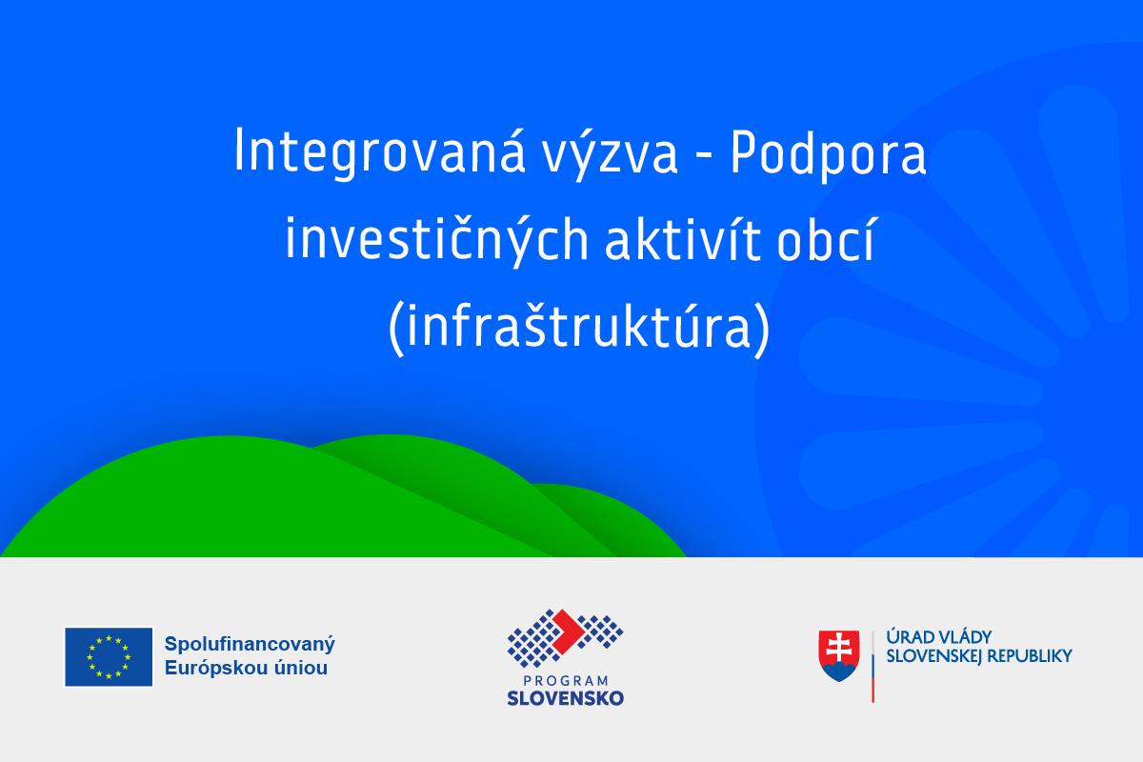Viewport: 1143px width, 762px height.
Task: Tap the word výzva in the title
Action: click(610, 153)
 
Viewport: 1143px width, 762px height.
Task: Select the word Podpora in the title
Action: click(828, 154)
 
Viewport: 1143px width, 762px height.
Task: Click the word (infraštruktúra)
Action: click(579, 327)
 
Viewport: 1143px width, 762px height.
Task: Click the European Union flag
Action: click(109, 657)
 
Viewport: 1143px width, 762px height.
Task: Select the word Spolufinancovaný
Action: click(250, 644)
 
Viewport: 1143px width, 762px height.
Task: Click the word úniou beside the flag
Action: click(301, 668)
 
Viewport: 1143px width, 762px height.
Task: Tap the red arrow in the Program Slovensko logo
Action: click(568, 632)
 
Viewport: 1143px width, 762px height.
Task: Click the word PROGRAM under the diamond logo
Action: click(566, 681)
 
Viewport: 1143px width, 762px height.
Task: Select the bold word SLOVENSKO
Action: click(566, 698)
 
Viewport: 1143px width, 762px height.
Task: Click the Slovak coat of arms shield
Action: click(839, 656)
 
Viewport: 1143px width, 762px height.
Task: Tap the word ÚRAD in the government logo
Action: click(905, 637)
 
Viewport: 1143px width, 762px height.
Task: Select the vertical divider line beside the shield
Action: click(873, 667)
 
